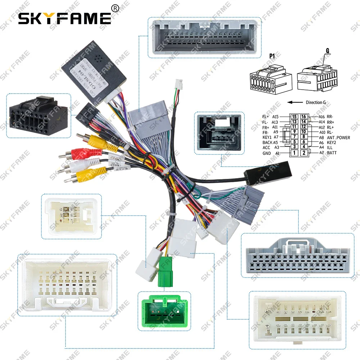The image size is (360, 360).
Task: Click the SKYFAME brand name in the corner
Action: coord(65,18)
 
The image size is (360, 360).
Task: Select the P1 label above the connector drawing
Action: coord(272,56)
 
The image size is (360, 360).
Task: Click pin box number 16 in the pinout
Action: coord(304,117)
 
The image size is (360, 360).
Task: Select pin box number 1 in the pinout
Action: coord(294,153)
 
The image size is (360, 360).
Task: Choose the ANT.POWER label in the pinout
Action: coord(338,138)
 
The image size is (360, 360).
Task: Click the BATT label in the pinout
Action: coord(333,153)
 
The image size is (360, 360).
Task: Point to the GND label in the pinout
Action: coord(267,153)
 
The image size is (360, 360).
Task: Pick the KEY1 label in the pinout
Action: coord(267,138)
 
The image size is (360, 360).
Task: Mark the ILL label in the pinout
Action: coord(330,147)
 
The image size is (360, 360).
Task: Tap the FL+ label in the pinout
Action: coord(266,117)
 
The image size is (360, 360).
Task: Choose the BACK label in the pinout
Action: coord(267,143)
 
